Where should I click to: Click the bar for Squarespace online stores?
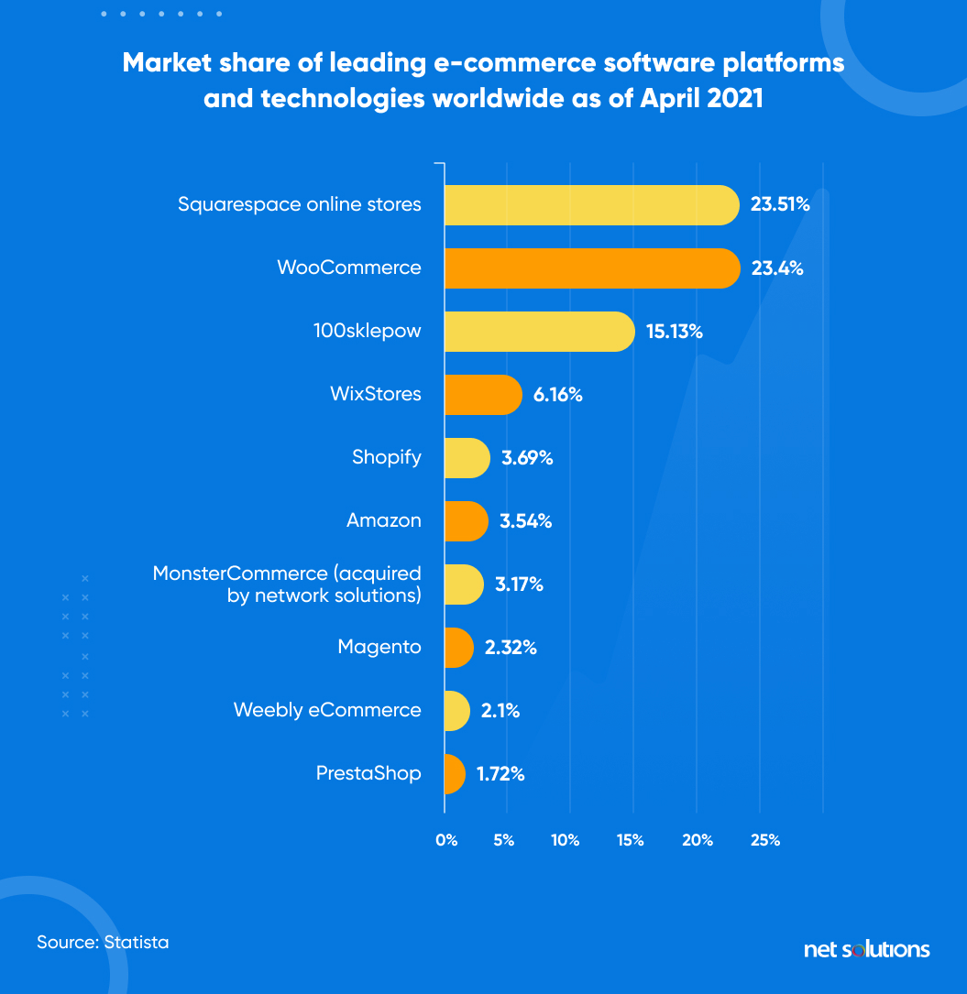coord(591,204)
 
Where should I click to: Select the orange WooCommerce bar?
coord(591,268)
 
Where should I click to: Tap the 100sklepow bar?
coord(539,332)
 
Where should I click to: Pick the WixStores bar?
coord(483,395)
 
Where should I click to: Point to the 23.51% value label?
coord(779,205)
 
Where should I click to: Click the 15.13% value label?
coord(674,332)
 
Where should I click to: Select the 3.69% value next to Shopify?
coord(526,458)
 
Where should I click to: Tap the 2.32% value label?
coord(511,648)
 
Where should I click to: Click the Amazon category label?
coord(383,520)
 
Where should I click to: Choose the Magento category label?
coord(379,647)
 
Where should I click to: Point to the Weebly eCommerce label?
coord(327,710)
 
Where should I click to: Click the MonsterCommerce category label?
coord(287,584)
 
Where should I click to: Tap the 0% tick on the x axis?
coord(446,840)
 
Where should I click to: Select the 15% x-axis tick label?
coord(630,840)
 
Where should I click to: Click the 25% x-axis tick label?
coord(765,840)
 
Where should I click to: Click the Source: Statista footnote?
coord(103,942)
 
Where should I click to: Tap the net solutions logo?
coord(866,949)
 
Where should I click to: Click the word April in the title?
coord(664,98)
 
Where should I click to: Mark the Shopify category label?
coord(386,457)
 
